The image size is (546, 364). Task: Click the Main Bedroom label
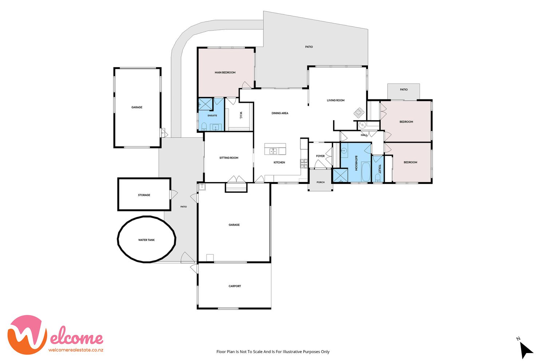pos(225,72)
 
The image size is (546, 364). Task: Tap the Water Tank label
pos(146,240)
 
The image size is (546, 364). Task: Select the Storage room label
pos(144,195)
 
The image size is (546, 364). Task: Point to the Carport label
pos(235,286)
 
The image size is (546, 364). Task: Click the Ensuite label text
pos(212,115)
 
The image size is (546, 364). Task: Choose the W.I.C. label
pos(241,115)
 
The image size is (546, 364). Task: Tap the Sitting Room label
pos(229,158)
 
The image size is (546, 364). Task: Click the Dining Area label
pos(280,113)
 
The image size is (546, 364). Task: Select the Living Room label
pos(336,100)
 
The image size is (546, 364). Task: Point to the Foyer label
pos(320,156)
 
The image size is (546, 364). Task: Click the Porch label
pos(321,182)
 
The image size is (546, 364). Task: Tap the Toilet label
pos(379,169)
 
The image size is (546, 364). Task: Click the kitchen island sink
pos(273,151)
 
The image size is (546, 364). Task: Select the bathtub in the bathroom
pos(365,172)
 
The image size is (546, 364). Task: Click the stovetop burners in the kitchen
pos(304,163)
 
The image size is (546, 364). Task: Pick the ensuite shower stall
pos(206,104)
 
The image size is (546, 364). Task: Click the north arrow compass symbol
pos(526,350)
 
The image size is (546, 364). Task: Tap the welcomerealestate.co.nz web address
pos(76,350)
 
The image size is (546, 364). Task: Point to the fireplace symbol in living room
pos(359,113)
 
